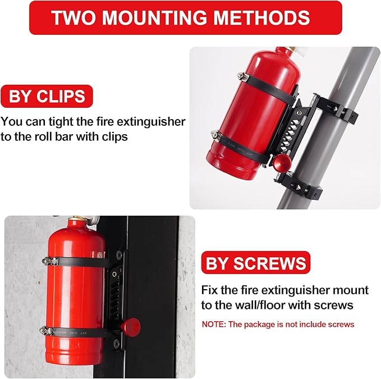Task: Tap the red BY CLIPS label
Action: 47,97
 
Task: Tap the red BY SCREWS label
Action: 256,263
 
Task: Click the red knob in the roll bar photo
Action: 281,162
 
